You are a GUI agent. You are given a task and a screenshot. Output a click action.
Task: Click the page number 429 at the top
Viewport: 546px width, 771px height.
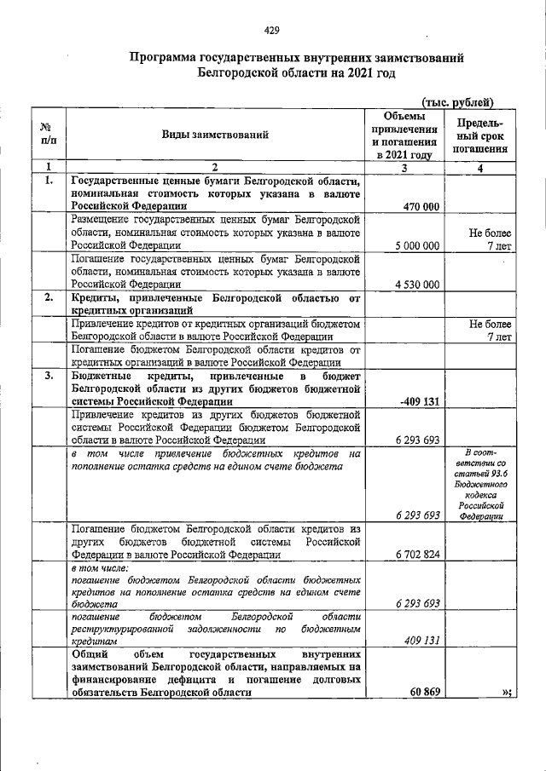click(x=272, y=32)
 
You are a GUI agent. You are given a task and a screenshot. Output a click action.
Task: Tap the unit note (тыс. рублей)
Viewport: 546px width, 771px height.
click(x=459, y=102)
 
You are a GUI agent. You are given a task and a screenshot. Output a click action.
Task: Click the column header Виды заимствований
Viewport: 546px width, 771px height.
click(x=215, y=135)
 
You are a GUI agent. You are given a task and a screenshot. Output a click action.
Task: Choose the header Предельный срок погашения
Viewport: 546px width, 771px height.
click(x=480, y=135)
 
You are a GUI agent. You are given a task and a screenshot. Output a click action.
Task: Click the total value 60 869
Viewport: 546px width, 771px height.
click(x=421, y=692)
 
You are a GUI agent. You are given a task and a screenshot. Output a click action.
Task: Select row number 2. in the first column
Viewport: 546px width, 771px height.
click(x=49, y=297)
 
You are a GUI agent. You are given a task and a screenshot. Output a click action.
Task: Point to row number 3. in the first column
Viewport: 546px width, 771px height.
click(x=49, y=375)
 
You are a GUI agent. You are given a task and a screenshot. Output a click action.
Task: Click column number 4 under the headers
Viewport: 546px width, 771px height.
click(x=480, y=167)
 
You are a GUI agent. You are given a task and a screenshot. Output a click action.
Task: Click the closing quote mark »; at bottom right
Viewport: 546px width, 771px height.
click(x=507, y=692)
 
